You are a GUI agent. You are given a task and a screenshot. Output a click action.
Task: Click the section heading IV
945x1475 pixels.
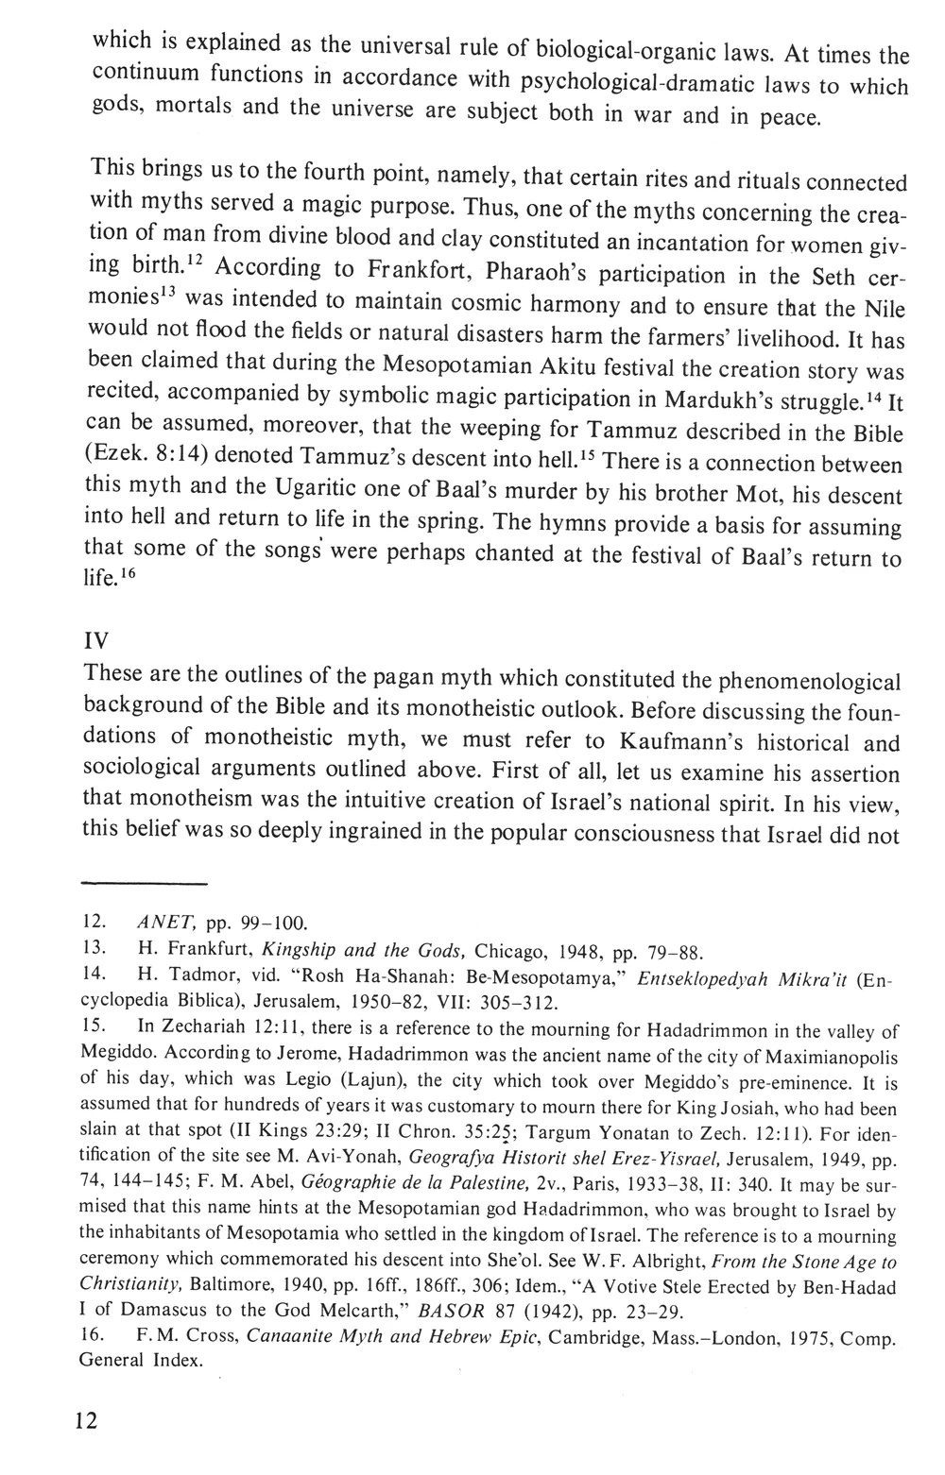[97, 640]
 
